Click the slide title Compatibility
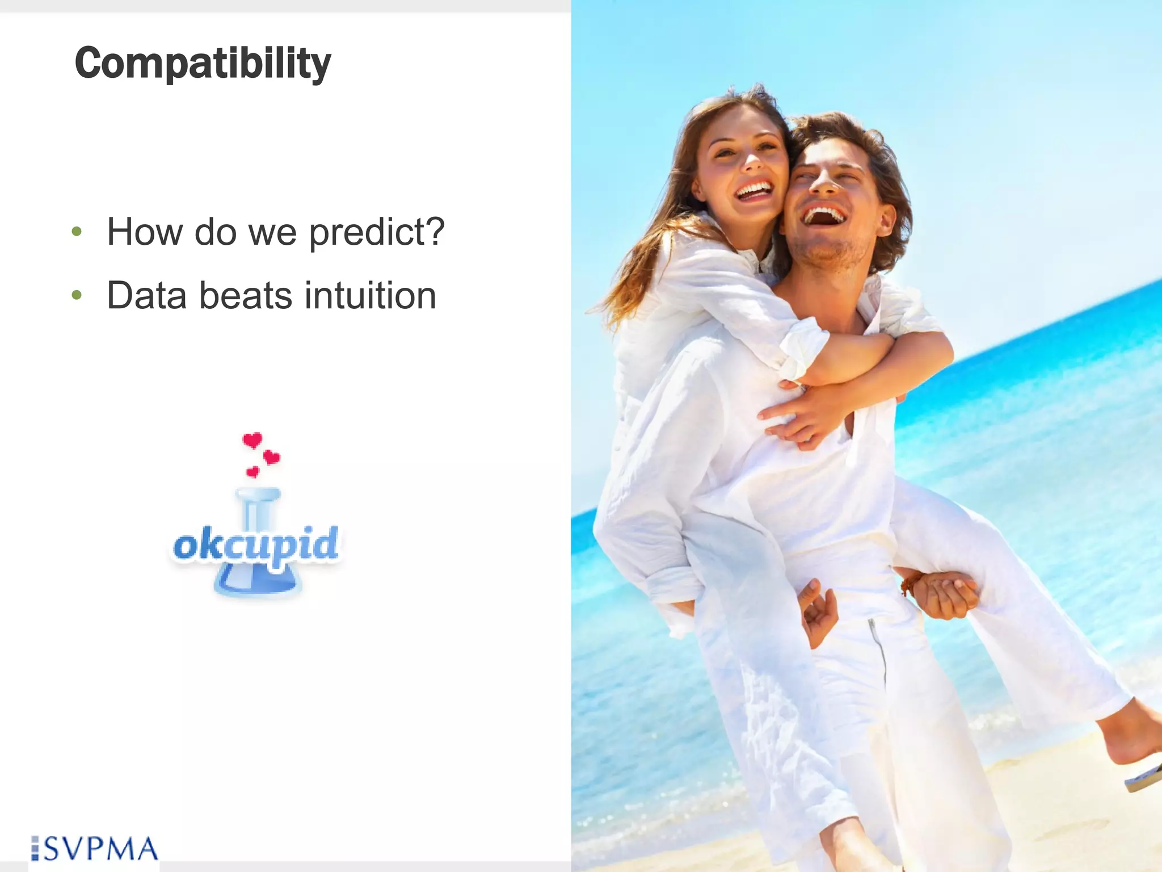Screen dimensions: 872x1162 click(x=203, y=63)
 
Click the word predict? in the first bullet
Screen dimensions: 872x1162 click(x=377, y=232)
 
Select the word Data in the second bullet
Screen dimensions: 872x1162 click(x=146, y=296)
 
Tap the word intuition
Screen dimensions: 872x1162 click(x=370, y=296)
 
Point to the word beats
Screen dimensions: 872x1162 click(x=245, y=296)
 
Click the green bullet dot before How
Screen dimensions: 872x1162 click(x=77, y=232)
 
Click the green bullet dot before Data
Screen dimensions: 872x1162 click(x=77, y=295)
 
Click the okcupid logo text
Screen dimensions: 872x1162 click(x=256, y=544)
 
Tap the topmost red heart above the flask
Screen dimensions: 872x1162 click(x=252, y=440)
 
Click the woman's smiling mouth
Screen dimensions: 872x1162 click(x=753, y=190)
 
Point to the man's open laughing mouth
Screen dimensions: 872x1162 click(x=824, y=216)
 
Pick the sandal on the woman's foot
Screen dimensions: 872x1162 click(x=1143, y=778)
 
